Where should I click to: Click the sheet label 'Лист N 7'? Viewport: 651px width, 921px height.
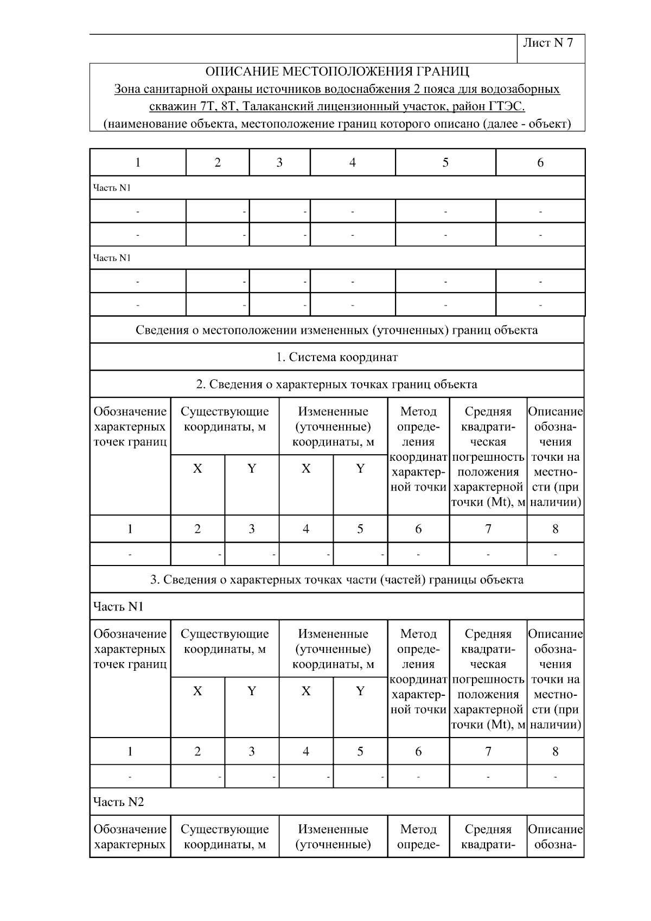coord(547,43)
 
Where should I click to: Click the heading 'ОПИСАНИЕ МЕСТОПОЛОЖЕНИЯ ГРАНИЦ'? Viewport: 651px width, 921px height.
coord(337,72)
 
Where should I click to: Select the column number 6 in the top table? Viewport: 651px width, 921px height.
coord(540,163)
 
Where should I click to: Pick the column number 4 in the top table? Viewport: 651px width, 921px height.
coord(352,163)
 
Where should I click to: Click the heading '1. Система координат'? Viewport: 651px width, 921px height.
coord(337,357)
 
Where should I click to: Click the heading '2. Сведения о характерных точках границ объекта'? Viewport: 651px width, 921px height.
coord(337,385)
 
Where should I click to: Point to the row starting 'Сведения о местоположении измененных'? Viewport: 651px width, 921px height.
coord(337,330)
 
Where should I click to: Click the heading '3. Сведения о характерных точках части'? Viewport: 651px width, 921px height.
coord(337,580)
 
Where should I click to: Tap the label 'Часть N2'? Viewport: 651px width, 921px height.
coord(118,802)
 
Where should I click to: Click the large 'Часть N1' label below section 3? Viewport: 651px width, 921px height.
coord(118,606)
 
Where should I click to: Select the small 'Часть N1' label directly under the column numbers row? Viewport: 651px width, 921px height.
coord(112,188)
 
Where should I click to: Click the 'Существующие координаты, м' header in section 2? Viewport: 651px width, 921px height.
coord(225,419)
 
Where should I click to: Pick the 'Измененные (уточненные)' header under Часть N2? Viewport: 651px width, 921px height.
coord(333,836)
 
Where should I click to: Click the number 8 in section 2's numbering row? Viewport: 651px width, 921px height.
coord(555,529)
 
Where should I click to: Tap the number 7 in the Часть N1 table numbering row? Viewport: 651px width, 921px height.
coord(488,752)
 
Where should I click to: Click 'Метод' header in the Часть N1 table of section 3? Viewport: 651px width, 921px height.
coord(418,634)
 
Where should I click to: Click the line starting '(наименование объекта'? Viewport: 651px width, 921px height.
coord(337,124)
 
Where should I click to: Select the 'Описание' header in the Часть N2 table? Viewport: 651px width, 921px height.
coord(555,829)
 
